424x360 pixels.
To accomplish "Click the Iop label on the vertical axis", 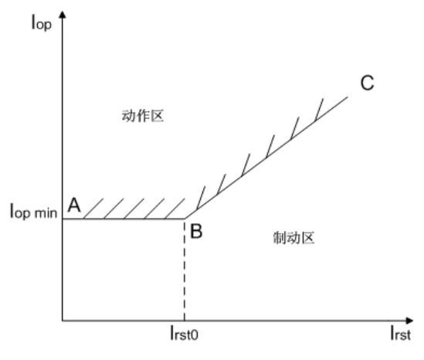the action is pyautogui.click(x=42, y=22).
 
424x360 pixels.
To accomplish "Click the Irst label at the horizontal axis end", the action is pyautogui.click(x=400, y=333).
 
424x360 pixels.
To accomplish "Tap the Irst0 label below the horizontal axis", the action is pyautogui.click(x=184, y=333).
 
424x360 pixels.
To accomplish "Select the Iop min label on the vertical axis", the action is pyautogui.click(x=33, y=212).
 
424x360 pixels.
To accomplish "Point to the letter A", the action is pyautogui.click(x=74, y=205).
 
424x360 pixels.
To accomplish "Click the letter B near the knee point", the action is pyautogui.click(x=196, y=231).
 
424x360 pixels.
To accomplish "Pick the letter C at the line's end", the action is pyautogui.click(x=367, y=83).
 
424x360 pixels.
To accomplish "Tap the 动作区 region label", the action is pyautogui.click(x=143, y=116).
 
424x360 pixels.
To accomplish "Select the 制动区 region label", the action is pyautogui.click(x=293, y=238).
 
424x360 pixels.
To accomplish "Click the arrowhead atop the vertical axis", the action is pyautogui.click(x=63, y=14).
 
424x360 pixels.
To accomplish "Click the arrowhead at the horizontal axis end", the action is pyautogui.click(x=409, y=321).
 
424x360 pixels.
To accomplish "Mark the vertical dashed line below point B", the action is pyautogui.click(x=185, y=270).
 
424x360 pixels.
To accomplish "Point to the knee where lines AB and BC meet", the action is pyautogui.click(x=185, y=219).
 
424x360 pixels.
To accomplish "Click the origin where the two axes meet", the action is pyautogui.click(x=63, y=321).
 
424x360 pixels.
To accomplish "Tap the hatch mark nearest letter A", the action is pyautogui.click(x=93, y=209).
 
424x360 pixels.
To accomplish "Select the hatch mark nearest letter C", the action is pyautogui.click(x=319, y=109).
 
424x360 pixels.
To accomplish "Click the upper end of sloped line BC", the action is pyautogui.click(x=348, y=97).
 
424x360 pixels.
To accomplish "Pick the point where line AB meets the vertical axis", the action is pyautogui.click(x=63, y=219).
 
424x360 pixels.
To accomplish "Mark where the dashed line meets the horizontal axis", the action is pyautogui.click(x=185, y=321).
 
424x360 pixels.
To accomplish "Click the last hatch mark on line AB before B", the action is pyautogui.click(x=175, y=209).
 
